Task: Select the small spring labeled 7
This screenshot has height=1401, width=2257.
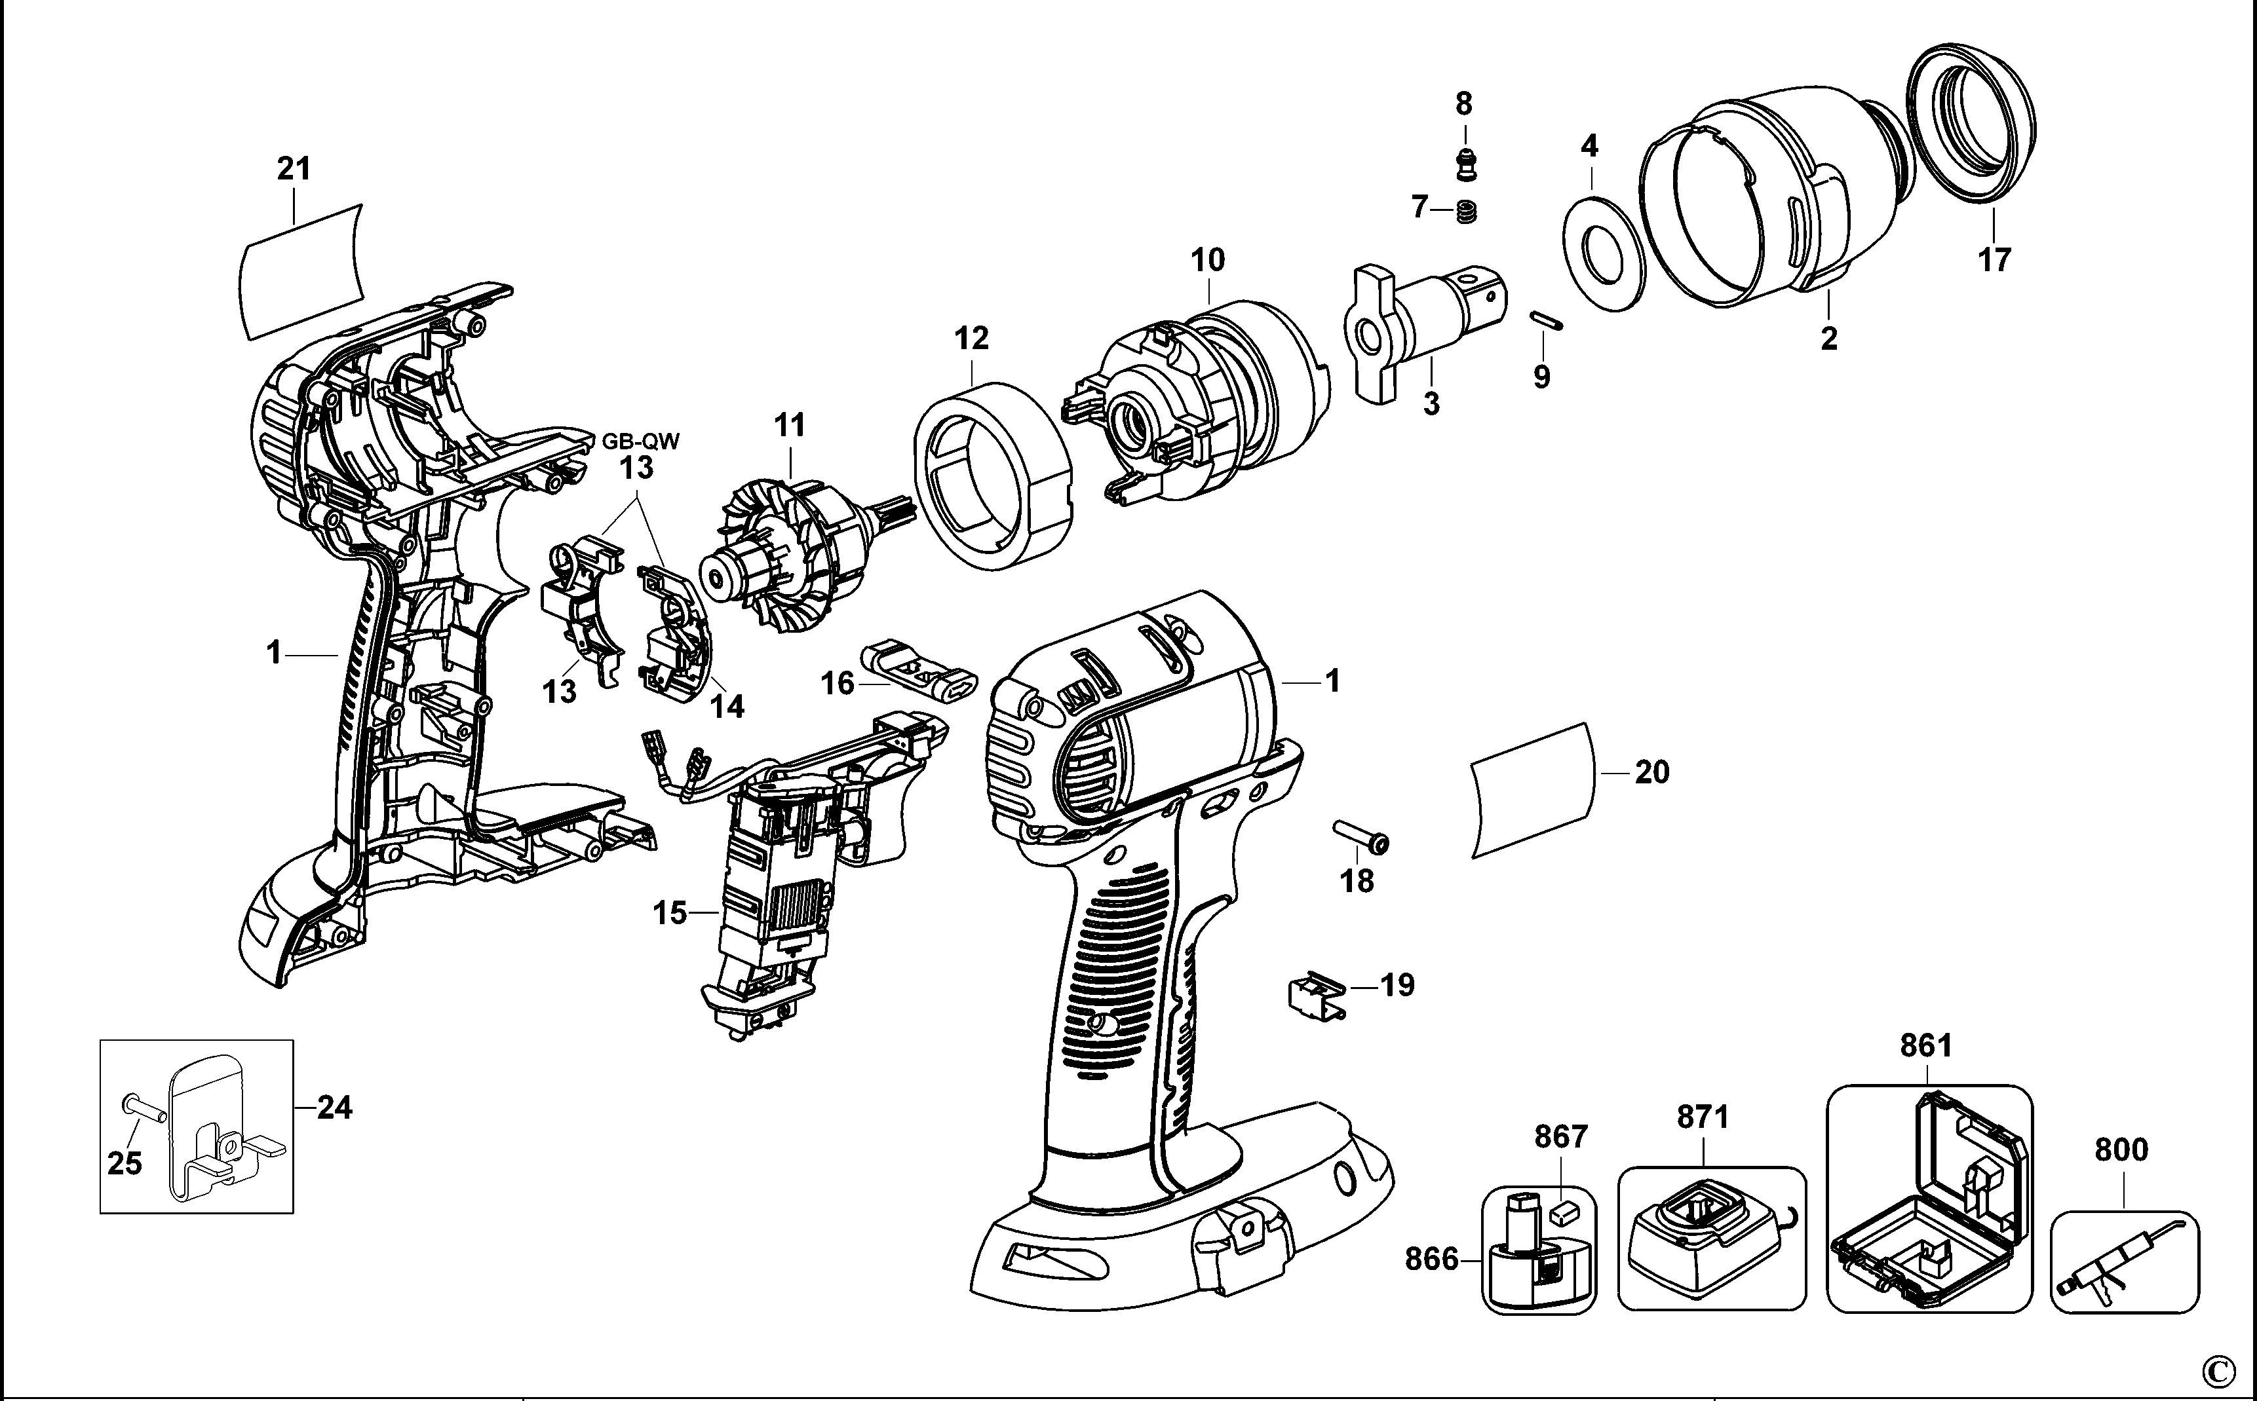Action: pyautogui.click(x=1467, y=212)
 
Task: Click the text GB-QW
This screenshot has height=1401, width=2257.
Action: pyautogui.click(x=640, y=441)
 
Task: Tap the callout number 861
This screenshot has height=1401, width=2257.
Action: pyautogui.click(x=1926, y=1046)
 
